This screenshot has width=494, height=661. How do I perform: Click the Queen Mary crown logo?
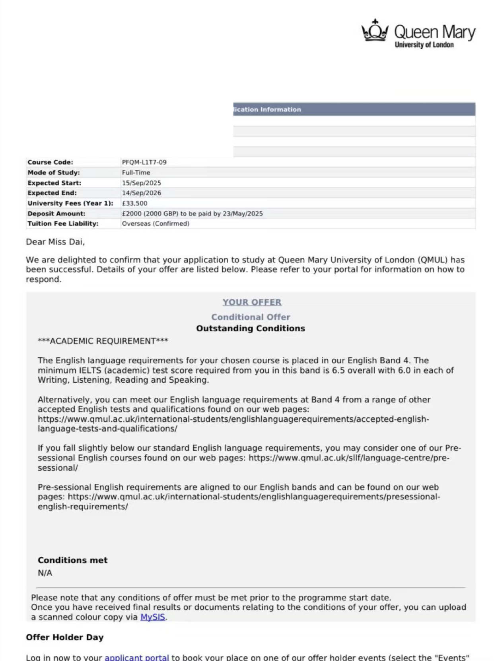pyautogui.click(x=375, y=31)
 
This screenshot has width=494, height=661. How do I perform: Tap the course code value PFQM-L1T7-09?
pyautogui.click(x=144, y=162)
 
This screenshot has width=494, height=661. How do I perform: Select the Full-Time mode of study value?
pyautogui.click(x=136, y=172)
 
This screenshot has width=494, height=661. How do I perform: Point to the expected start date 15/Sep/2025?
pyautogui.click(x=141, y=183)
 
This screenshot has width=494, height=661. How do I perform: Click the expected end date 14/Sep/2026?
pyautogui.click(x=141, y=193)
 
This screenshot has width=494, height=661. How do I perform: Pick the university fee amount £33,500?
pyautogui.click(x=134, y=203)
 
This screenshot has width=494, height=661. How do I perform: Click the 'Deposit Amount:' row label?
pyautogui.click(x=56, y=213)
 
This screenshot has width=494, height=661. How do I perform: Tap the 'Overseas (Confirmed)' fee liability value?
pyautogui.click(x=156, y=223)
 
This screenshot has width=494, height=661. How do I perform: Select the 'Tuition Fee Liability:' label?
pyautogui.click(x=63, y=223)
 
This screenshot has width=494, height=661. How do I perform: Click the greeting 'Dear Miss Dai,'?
pyautogui.click(x=55, y=242)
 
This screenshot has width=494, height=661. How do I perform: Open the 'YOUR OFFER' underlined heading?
pyautogui.click(x=252, y=302)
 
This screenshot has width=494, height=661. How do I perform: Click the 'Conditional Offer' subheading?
pyautogui.click(x=251, y=317)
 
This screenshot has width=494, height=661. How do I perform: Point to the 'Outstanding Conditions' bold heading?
pyautogui.click(x=251, y=329)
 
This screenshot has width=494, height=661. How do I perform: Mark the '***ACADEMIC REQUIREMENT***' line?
pyautogui.click(x=103, y=341)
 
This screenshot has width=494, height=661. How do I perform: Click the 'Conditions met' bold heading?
pyautogui.click(x=73, y=560)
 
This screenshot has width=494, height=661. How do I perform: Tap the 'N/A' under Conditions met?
pyautogui.click(x=45, y=573)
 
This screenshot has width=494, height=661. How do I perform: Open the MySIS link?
pyautogui.click(x=153, y=617)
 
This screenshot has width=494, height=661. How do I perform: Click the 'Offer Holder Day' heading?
pyautogui.click(x=65, y=637)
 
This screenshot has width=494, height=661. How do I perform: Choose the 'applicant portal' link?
pyautogui.click(x=137, y=657)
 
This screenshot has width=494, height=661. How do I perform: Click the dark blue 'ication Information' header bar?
pyautogui.click(x=354, y=109)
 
